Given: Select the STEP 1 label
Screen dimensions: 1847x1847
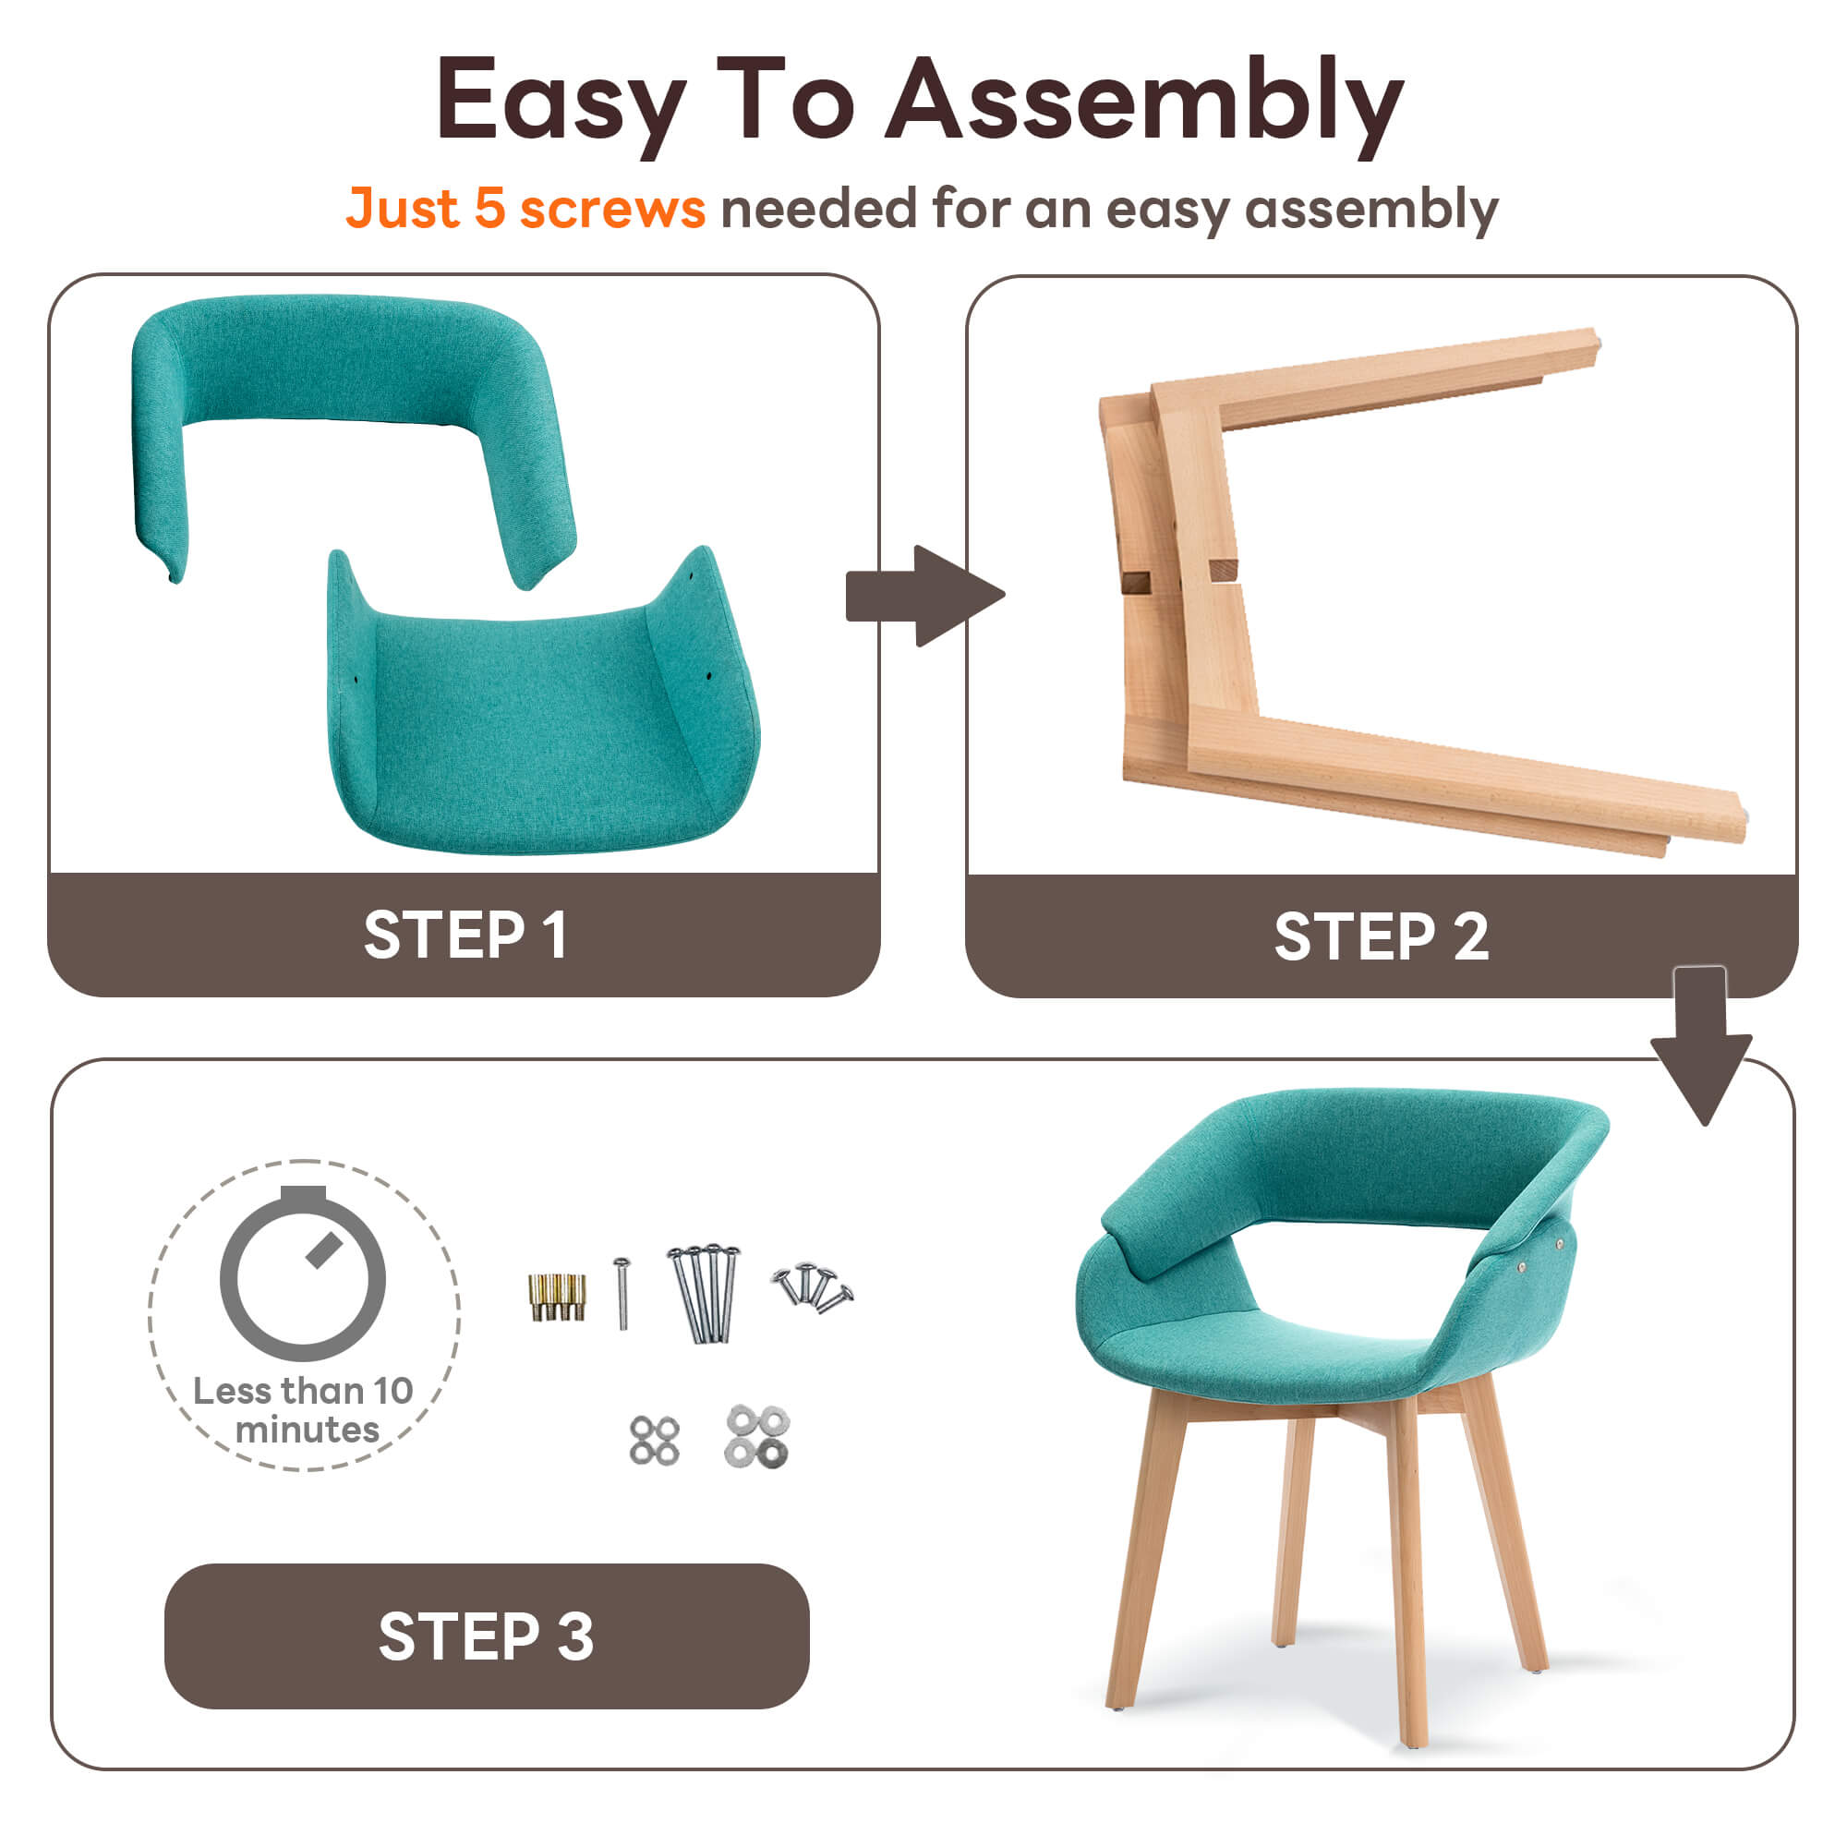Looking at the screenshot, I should tap(465, 934).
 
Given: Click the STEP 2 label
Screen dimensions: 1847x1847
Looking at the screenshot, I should tap(1381, 936).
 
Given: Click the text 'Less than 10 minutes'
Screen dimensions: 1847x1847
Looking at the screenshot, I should tap(303, 1410).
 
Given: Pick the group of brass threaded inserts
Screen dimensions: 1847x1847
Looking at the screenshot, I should tap(558, 1297).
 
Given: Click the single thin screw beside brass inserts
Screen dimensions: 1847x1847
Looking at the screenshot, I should tap(622, 1294).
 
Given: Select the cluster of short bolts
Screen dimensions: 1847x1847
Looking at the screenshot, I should tap(814, 1286).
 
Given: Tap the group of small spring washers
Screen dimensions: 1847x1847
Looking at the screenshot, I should tap(655, 1441).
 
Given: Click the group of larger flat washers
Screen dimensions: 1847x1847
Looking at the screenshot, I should tap(757, 1437).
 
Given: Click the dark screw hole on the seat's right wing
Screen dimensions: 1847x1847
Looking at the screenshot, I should tap(708, 676).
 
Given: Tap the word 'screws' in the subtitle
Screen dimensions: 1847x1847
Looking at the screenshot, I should tap(613, 209).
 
